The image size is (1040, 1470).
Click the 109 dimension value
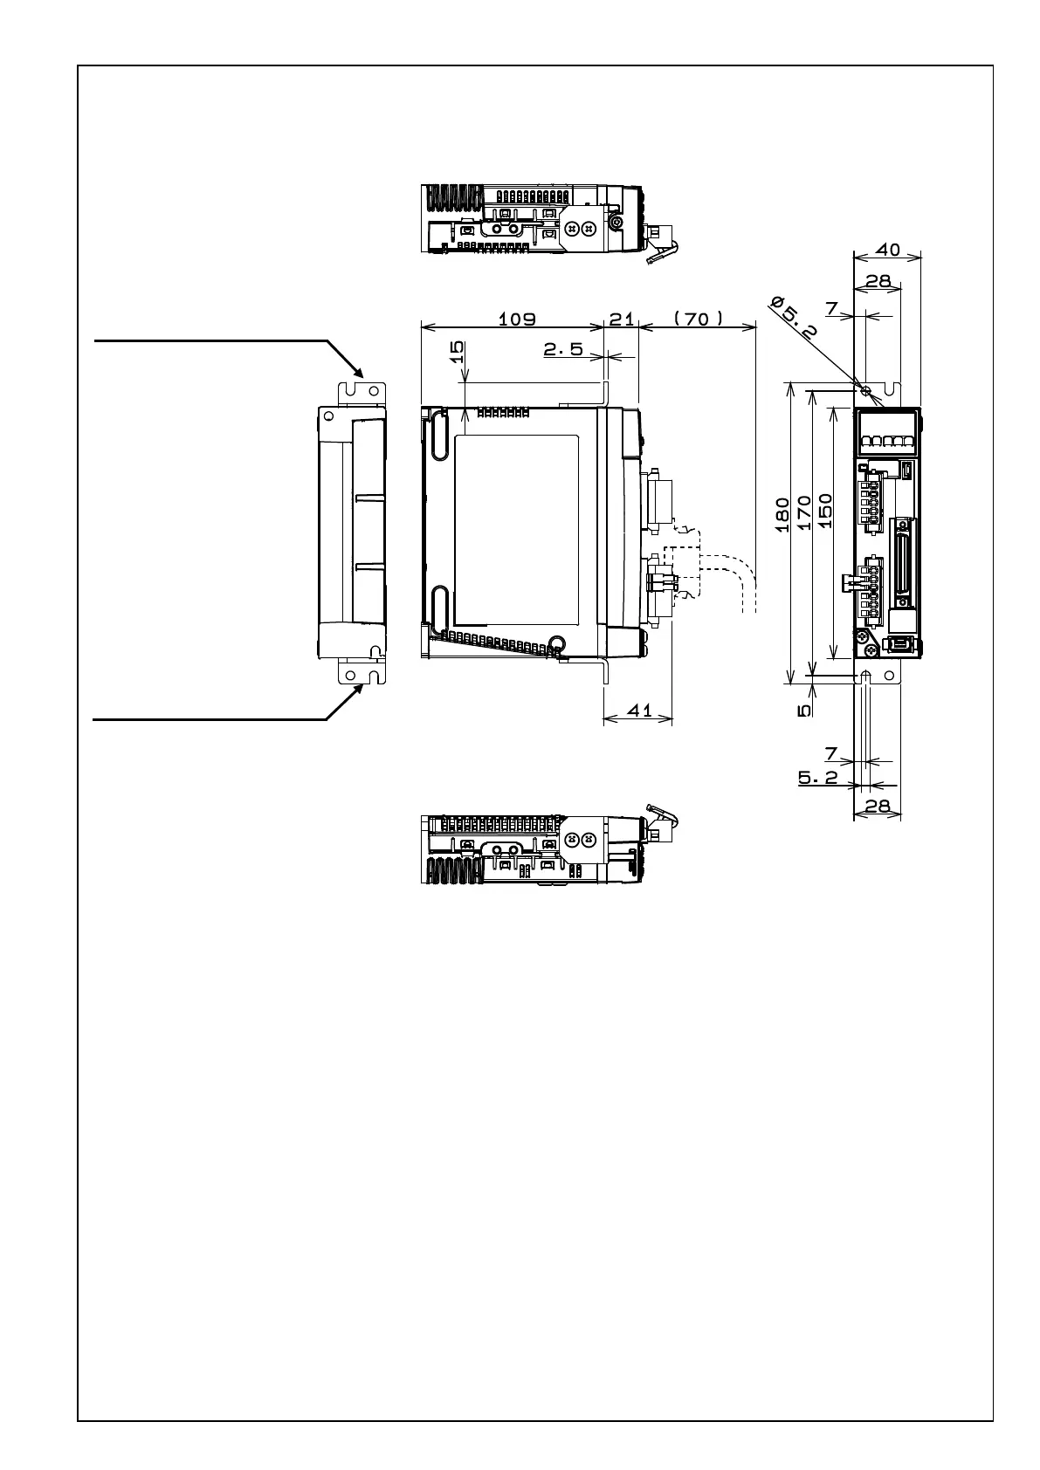coord(516,319)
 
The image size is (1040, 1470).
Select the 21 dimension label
coord(622,319)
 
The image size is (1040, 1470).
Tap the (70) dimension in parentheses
coord(698,319)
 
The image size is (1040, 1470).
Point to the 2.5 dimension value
coord(563,349)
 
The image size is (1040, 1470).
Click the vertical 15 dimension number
coord(456,352)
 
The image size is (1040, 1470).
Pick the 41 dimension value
coord(640,710)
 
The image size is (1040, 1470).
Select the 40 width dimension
coord(887,250)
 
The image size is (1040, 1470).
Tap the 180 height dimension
coord(782,514)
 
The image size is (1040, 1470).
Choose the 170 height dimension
coord(804,513)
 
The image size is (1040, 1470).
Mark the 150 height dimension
coord(825,512)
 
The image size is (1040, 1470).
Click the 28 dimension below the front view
coord(877,807)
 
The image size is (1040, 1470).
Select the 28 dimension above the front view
coord(878,281)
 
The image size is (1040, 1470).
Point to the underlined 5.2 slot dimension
coord(817,777)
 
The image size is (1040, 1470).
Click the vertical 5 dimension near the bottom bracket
coord(804,711)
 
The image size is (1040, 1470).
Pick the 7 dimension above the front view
coord(831,309)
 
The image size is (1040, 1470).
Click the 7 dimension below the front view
coord(831,752)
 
